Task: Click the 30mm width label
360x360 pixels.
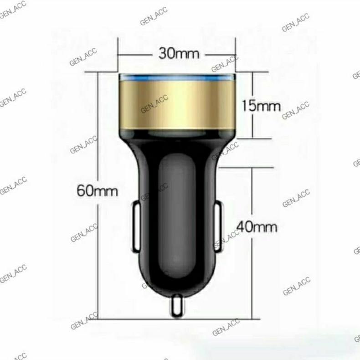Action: [x=179, y=53]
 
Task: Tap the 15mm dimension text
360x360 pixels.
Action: [x=261, y=106]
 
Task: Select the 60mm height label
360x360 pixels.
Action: [x=97, y=190]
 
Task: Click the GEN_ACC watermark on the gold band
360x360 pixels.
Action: [x=154, y=105]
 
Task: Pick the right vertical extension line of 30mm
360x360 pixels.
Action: [x=236, y=55]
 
